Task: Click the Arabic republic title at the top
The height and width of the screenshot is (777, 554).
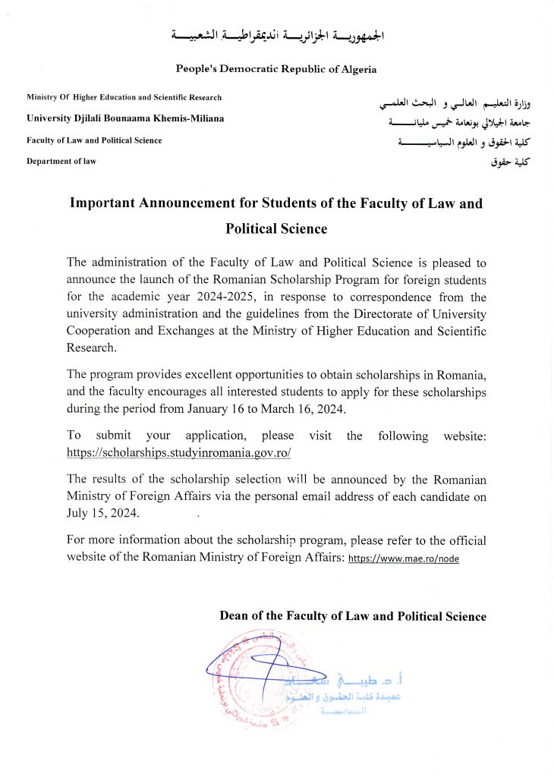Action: pos(278,36)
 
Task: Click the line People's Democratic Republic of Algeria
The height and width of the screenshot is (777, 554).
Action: pos(276,69)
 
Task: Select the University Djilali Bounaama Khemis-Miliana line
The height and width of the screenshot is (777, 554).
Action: pos(125,118)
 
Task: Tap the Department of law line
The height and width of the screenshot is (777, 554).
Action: pos(61,161)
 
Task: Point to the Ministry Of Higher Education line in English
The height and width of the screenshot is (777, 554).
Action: pos(124,97)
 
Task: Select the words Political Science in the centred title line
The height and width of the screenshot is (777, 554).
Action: pos(276,228)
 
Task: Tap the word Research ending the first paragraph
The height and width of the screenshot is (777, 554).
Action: pos(92,348)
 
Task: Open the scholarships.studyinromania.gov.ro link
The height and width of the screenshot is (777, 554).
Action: pos(179,452)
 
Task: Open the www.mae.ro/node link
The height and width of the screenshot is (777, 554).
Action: pos(403,558)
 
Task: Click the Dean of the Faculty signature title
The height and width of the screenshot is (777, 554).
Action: pos(353,616)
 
